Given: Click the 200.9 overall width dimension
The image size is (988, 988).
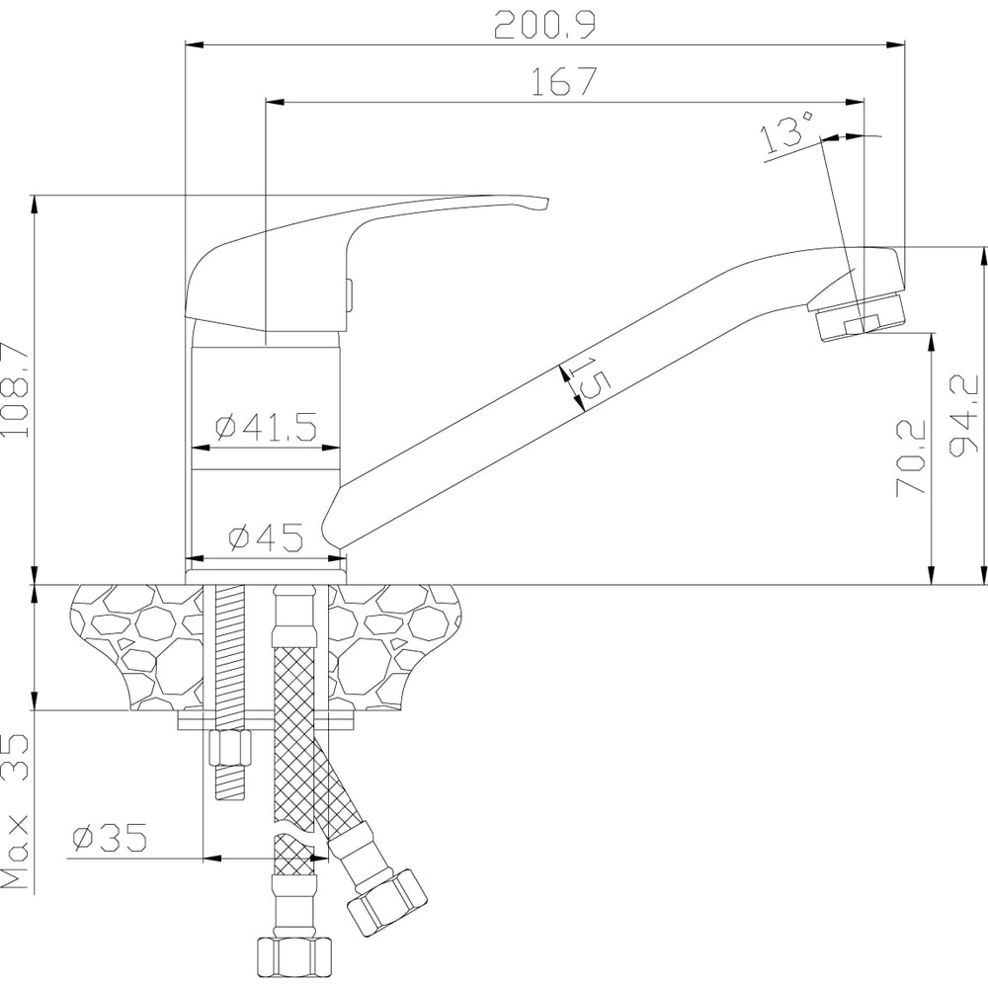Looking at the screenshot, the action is pyautogui.click(x=544, y=26).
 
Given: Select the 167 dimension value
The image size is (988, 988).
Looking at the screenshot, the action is pyautogui.click(x=564, y=81).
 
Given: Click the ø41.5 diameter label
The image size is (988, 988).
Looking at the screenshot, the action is pyautogui.click(x=265, y=427).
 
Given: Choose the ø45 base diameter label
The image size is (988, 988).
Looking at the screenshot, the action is pyautogui.click(x=266, y=537).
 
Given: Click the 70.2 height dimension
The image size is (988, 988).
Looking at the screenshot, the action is pyautogui.click(x=911, y=458).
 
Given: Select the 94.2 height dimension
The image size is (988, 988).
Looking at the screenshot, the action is pyautogui.click(x=963, y=415).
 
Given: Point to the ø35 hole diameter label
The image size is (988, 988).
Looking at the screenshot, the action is pyautogui.click(x=110, y=838).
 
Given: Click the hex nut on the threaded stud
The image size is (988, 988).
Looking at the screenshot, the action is pyautogui.click(x=228, y=749).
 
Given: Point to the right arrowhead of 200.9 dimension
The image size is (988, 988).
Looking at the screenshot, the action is pyautogui.click(x=895, y=44).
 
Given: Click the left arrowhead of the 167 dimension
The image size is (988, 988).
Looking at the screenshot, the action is pyautogui.click(x=276, y=101).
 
